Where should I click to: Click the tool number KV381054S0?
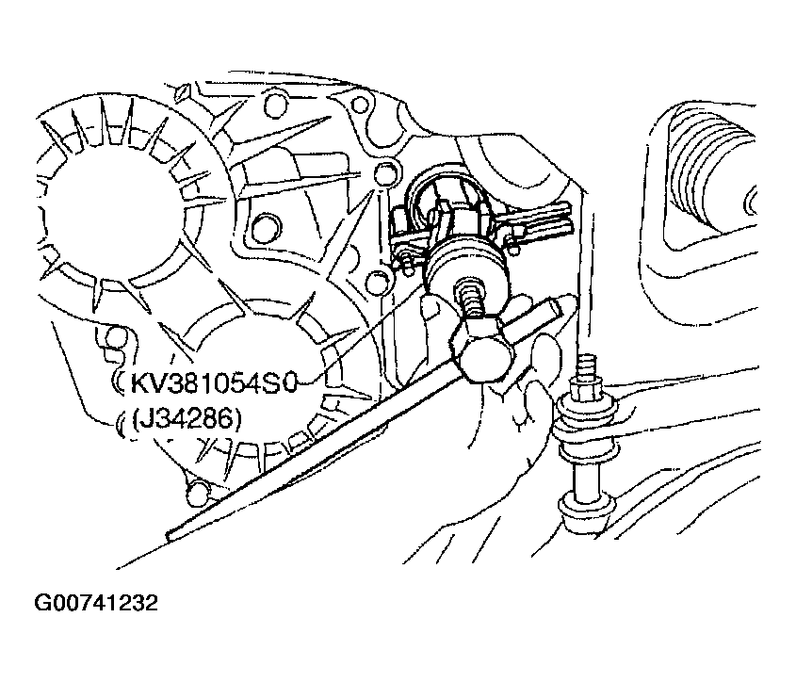click(212, 384)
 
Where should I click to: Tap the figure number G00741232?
click(96, 603)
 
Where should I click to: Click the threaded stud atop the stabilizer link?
click(585, 369)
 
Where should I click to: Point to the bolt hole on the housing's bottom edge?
click(198, 490)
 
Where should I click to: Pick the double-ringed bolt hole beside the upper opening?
click(266, 228)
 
